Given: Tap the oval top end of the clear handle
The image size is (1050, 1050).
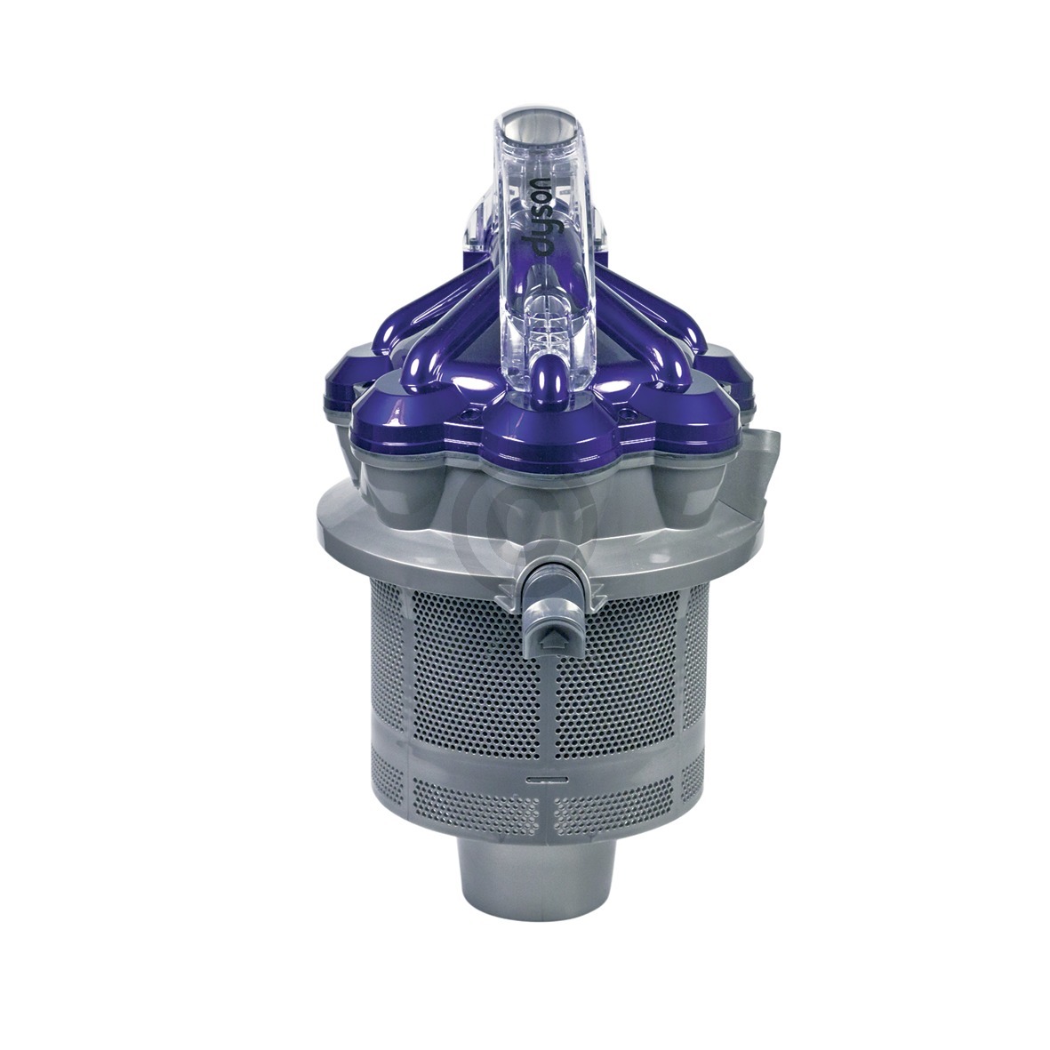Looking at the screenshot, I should pos(533,126).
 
